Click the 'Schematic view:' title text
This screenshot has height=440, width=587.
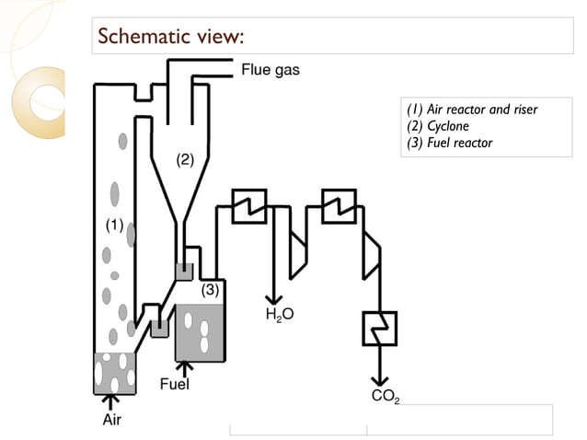point(170,37)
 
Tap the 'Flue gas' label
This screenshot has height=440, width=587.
point(270,69)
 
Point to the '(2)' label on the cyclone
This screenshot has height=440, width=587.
point(185,159)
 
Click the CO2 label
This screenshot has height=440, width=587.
point(384,397)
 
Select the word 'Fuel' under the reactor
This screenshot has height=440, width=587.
point(175,384)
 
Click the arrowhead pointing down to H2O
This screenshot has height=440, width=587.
point(273,297)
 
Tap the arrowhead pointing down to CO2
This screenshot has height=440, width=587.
point(378,380)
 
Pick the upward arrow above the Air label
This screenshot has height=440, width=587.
point(111,400)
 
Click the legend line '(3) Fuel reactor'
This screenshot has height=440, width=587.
point(450,143)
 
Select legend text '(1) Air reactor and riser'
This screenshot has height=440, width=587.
point(472,110)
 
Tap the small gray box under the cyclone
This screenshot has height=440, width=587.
point(184,272)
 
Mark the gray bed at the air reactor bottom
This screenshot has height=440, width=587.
point(114,373)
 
